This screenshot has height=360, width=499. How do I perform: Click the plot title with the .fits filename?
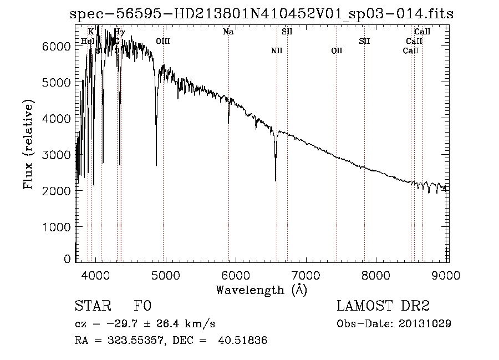pos(261,14)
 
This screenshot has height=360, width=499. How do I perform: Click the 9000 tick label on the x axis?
pos(447,276)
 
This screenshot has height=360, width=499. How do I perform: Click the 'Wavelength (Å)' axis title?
pos(261,290)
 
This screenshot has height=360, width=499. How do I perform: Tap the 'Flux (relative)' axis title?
pos(29,144)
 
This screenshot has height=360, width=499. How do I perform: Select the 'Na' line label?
pos(228,32)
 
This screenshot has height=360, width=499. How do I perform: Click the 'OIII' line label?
pos(163,42)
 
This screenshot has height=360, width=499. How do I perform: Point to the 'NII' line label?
pos(277,51)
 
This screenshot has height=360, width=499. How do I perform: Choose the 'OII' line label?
pos(337,51)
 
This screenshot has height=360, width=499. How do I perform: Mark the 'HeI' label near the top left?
pos(87,42)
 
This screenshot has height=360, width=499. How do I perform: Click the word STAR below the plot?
pos(93,306)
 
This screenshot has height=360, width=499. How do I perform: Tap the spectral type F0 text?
pos(142,306)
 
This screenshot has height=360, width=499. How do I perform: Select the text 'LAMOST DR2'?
pos(383,306)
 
